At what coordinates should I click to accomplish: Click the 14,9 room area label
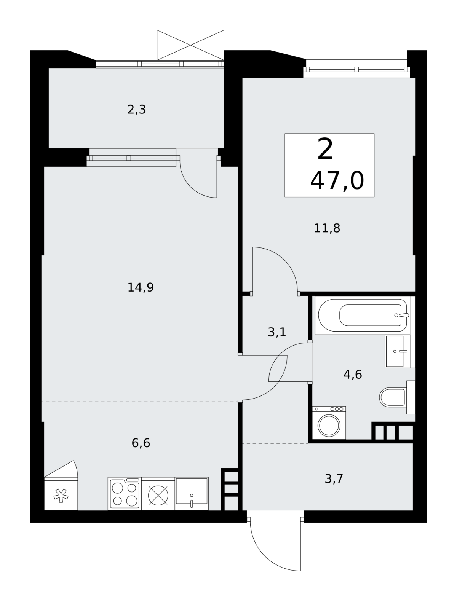click(x=141, y=287)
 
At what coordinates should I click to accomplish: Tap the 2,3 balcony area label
click(x=136, y=110)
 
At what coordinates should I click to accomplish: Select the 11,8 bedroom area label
click(x=327, y=228)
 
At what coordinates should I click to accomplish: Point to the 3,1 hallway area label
click(x=277, y=332)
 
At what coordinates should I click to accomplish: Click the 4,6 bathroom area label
click(x=353, y=375)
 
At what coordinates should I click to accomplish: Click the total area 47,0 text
click(x=337, y=181)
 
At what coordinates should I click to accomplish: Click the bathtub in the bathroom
click(x=362, y=316)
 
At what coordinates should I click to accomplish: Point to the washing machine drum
click(x=329, y=426)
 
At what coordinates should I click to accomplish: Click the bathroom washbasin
click(x=395, y=351)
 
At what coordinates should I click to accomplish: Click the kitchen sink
click(x=192, y=494)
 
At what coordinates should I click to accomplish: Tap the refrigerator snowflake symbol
click(x=61, y=496)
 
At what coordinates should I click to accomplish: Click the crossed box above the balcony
click(x=190, y=45)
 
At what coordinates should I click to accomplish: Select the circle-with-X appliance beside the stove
click(x=158, y=496)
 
